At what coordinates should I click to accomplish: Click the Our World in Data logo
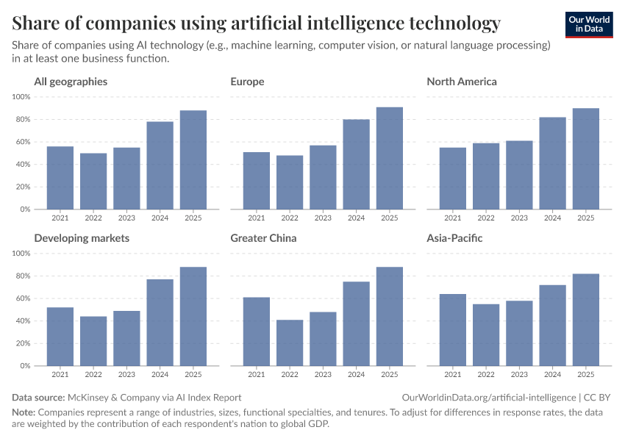[x=589, y=24]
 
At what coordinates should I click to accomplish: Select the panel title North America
[x=462, y=82]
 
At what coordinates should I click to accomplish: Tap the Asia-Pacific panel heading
[x=454, y=238]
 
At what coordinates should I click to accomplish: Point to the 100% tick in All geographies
[x=21, y=97]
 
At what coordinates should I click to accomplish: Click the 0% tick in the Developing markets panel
[x=24, y=365]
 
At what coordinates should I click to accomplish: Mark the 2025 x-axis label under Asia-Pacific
[x=586, y=374]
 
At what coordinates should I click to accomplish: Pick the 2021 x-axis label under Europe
[x=257, y=218]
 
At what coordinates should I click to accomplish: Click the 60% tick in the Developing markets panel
[x=22, y=298]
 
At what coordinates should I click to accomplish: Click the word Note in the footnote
[x=23, y=412]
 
